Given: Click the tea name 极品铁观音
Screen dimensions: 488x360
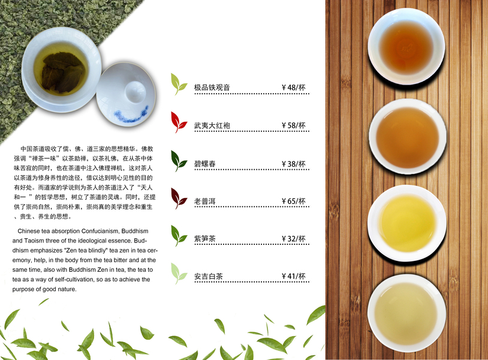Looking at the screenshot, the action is pos(212,88).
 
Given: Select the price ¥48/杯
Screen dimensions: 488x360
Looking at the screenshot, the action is pos(294,87).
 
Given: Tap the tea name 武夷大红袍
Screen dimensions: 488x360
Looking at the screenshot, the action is pos(212,125).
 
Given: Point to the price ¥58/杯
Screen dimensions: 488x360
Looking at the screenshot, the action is pos(294,125).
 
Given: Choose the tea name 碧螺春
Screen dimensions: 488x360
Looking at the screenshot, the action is pos(205,164).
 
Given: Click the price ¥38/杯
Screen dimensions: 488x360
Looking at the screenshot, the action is pos(294,164).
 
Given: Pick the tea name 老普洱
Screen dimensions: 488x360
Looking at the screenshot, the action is pos(205,202).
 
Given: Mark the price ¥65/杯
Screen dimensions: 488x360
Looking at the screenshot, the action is pos(294,201).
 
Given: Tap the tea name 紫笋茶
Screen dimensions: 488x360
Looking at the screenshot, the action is pos(205,239).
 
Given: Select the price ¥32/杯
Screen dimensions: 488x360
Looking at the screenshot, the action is pos(294,239).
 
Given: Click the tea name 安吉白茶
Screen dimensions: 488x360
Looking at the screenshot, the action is pos(209,276).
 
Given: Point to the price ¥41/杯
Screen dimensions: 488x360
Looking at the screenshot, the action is pos(294,276).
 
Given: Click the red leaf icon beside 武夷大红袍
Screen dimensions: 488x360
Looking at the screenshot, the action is pos(179,122).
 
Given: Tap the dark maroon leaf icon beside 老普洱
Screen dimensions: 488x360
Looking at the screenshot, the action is pos(179,199).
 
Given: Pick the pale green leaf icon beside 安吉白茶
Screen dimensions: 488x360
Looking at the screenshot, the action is pos(179,274).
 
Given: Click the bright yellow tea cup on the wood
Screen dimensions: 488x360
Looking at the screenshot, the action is pos(407,223).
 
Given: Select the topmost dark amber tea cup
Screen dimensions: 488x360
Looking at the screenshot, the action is pos(406,47).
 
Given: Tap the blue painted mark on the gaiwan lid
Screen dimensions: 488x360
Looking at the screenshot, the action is pos(131,114).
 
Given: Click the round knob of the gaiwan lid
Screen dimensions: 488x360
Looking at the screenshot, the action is pos(135,92).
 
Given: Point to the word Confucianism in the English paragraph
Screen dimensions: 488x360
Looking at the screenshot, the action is pos(100,231).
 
